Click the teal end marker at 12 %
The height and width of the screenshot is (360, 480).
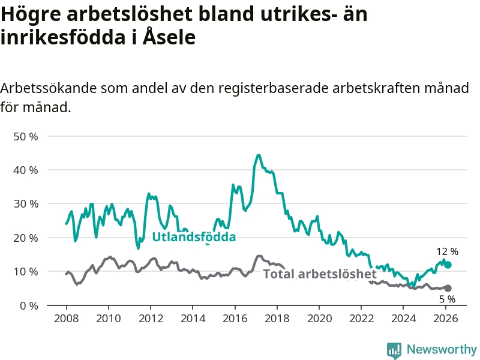click(x=448, y=265)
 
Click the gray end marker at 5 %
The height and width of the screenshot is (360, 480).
click(x=448, y=288)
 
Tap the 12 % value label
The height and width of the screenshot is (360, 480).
click(x=447, y=251)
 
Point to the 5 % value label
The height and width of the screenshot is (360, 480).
click(x=447, y=299)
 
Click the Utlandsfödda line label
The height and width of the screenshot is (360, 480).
click(x=194, y=237)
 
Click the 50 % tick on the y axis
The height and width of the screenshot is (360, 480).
click(x=26, y=136)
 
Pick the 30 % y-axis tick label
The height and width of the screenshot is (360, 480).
click(x=26, y=204)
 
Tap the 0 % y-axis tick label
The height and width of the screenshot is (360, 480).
click(x=28, y=305)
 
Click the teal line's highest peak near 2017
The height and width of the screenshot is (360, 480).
click(x=259, y=155)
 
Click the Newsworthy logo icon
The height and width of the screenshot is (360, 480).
click(x=394, y=350)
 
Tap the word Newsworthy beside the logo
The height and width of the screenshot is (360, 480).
click(x=442, y=350)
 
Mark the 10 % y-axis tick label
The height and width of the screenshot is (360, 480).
click(x=26, y=272)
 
